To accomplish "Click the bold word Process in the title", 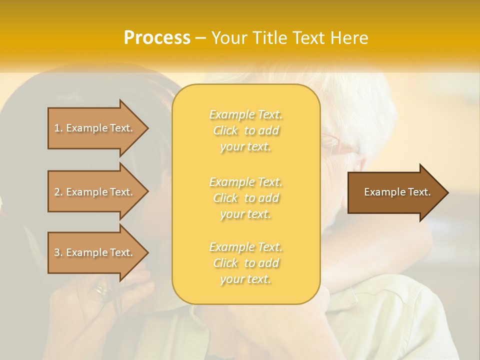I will coord(157,37).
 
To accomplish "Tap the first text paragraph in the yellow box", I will coord(245,130).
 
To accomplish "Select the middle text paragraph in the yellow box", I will coord(245,198).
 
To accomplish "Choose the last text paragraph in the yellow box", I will coord(245,263).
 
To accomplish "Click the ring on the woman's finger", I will coord(103,289).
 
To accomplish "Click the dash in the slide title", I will coord(201,38).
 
